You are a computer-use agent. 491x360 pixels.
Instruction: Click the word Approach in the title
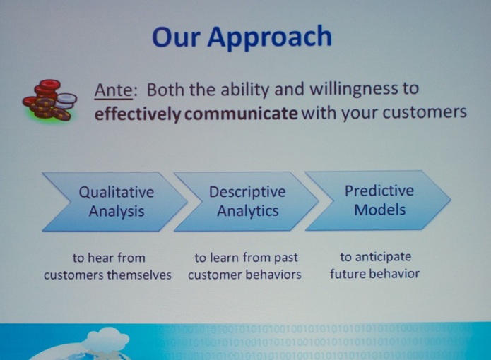(269, 37)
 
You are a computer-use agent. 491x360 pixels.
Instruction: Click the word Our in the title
(176, 37)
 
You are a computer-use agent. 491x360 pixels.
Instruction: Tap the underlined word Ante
(114, 90)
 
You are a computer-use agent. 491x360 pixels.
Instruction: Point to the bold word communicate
(241, 114)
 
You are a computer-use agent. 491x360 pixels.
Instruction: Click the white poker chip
(66, 100)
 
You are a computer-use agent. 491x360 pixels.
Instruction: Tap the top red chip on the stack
(47, 85)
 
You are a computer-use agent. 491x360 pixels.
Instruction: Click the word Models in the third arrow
(380, 210)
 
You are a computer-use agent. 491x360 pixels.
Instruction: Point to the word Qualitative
(116, 192)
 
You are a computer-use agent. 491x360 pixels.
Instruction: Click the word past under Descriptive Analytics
(286, 258)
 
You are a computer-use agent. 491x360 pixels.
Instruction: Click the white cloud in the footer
(107, 341)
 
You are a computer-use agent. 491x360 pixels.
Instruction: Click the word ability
(245, 90)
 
